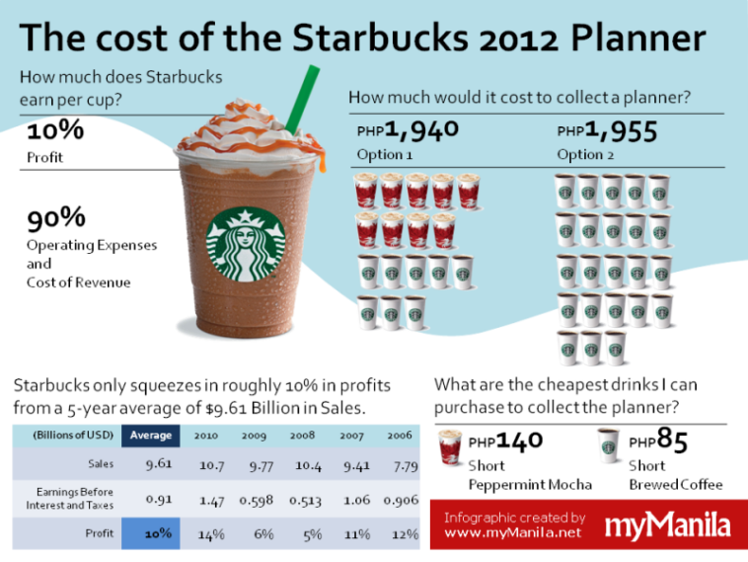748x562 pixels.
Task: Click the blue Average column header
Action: (x=151, y=435)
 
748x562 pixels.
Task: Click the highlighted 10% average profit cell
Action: (x=152, y=533)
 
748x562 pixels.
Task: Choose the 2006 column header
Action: (x=400, y=435)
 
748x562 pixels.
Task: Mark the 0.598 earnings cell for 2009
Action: (x=256, y=499)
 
